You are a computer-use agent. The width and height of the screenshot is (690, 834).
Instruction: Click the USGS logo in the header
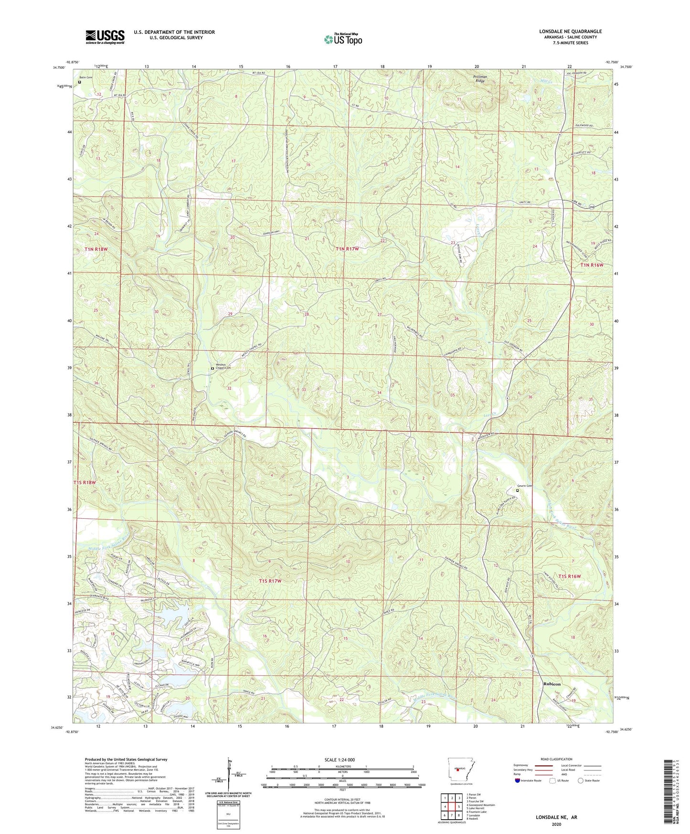pos(105,37)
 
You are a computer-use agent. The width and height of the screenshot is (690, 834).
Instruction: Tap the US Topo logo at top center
pos(342,39)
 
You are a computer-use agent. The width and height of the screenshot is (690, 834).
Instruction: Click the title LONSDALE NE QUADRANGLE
pos(570,32)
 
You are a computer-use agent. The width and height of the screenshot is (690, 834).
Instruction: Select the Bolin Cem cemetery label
pos(86,77)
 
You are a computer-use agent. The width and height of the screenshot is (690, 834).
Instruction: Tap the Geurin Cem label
pos(524,486)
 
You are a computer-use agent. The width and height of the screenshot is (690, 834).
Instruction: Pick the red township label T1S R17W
pos(270,581)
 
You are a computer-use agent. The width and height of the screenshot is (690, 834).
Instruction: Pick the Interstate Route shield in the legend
pos(518,780)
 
